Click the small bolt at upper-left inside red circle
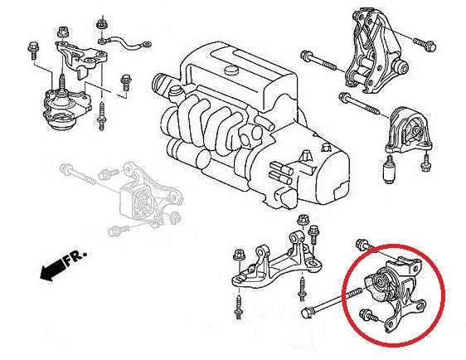363,243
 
